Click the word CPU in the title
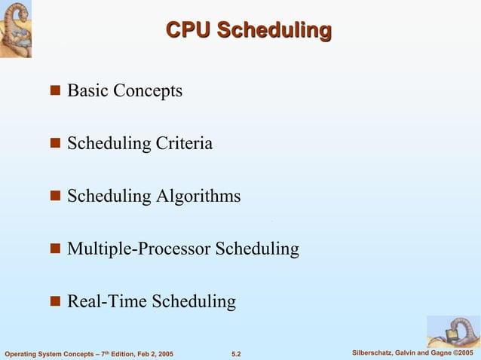coord(188,31)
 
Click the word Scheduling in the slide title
coord(274,31)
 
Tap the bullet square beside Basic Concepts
coord(55,92)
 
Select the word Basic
coord(87,91)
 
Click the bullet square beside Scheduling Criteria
coord(55,144)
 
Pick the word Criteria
coord(184,143)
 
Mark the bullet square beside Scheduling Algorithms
coord(55,197)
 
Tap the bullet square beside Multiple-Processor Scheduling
coord(55,249)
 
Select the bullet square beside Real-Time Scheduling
coord(55,302)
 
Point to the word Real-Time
coord(107,301)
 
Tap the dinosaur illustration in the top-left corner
coord(16,28)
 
